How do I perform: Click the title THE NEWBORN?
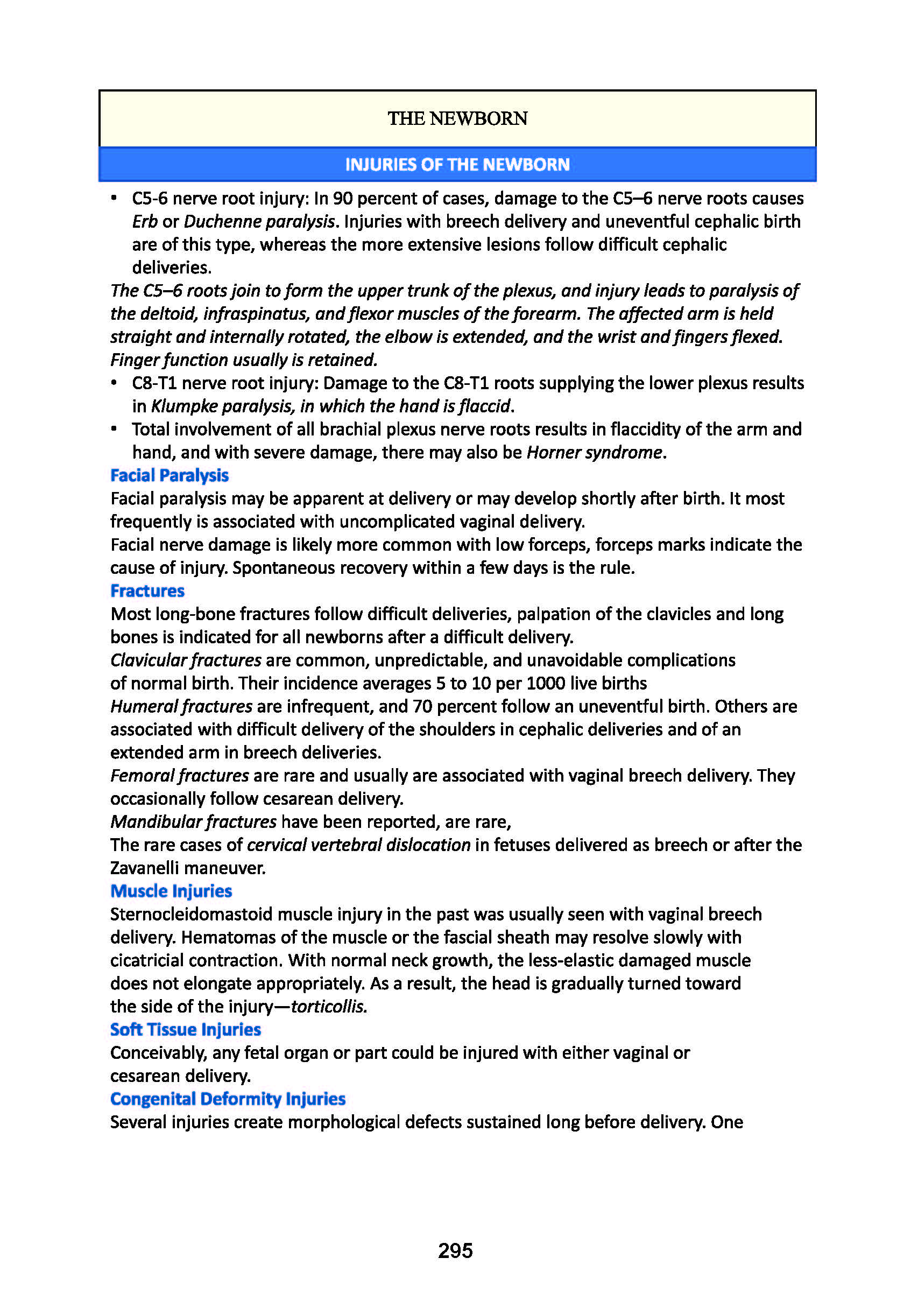pyautogui.click(x=457, y=118)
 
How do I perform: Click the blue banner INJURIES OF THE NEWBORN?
pyautogui.click(x=457, y=164)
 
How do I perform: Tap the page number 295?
pyautogui.click(x=455, y=1250)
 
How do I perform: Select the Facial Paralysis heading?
pyautogui.click(x=170, y=475)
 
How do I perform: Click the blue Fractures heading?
pyautogui.click(x=147, y=591)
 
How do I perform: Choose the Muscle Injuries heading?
pyautogui.click(x=171, y=891)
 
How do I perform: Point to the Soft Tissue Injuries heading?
pyautogui.click(x=186, y=1029)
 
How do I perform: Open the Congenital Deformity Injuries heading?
pyautogui.click(x=228, y=1099)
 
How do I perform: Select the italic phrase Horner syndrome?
pyautogui.click(x=595, y=452)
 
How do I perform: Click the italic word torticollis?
pyautogui.click(x=328, y=1007)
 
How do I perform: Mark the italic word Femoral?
pyautogui.click(x=142, y=776)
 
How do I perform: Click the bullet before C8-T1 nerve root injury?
pyautogui.click(x=114, y=383)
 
